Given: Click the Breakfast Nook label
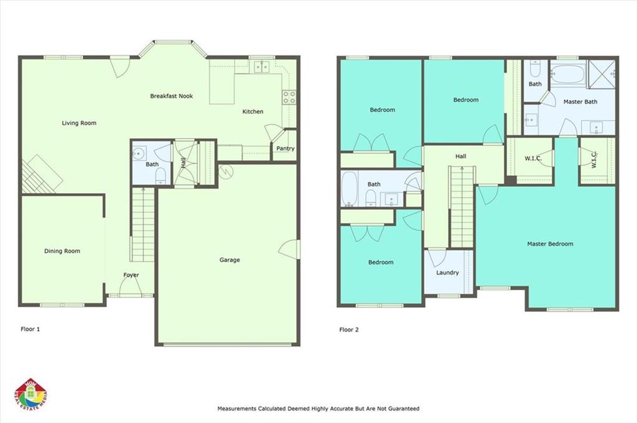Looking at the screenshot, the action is click(172, 96).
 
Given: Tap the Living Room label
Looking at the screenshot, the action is click(79, 123).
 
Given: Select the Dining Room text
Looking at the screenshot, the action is click(62, 251).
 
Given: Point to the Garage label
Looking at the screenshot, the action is click(230, 260).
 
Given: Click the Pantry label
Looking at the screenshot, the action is click(285, 148).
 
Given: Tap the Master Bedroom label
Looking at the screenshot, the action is click(550, 243).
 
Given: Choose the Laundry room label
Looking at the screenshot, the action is click(447, 273).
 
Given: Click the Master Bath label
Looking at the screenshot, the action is click(580, 102).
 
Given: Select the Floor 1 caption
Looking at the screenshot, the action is click(30, 329).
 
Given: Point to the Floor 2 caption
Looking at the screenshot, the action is click(349, 330).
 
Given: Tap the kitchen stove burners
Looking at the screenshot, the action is click(289, 98).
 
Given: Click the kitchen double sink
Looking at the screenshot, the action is click(262, 67).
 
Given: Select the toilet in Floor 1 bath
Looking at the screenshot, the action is click(161, 176).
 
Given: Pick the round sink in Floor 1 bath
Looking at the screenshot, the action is click(139, 153).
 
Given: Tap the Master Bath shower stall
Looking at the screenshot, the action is click(602, 74).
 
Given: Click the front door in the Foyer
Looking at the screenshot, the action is click(131, 288).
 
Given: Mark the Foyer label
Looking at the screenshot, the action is click(131, 275).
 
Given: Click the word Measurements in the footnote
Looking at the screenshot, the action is click(237, 408).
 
